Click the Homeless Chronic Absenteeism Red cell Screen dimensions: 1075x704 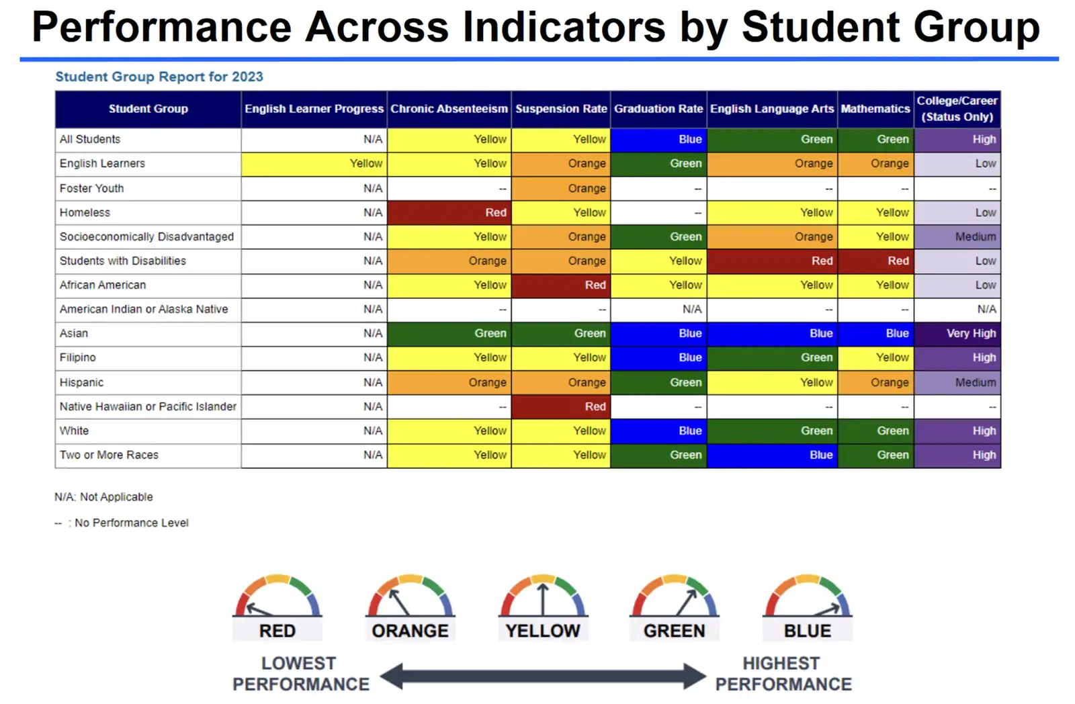[x=449, y=212]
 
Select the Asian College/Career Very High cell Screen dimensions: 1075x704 [x=957, y=333]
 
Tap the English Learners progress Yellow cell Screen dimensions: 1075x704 [x=314, y=164]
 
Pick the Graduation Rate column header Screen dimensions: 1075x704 [x=658, y=109]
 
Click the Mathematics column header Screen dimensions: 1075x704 [x=876, y=109]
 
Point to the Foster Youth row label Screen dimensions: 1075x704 [x=91, y=188]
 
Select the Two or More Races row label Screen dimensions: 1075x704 [x=109, y=455]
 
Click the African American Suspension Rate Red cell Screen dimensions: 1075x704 [x=561, y=285]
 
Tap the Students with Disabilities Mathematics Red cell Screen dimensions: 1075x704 [x=876, y=261]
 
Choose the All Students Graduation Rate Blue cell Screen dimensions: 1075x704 [x=658, y=140]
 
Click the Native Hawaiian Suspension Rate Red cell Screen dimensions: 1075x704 [x=561, y=406]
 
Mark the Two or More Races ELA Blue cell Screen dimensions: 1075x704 [x=772, y=455]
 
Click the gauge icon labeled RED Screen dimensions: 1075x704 [x=277, y=595]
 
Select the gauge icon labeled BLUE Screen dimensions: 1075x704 [x=808, y=595]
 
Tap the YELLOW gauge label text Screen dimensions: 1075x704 [x=543, y=631]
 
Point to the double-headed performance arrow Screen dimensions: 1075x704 [x=543, y=676]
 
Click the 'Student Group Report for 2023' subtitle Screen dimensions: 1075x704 [x=159, y=77]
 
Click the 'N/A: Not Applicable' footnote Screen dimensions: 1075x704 [x=103, y=496]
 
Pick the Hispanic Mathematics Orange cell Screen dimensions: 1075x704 [x=876, y=382]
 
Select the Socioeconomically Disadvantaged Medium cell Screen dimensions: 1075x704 [x=957, y=237]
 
